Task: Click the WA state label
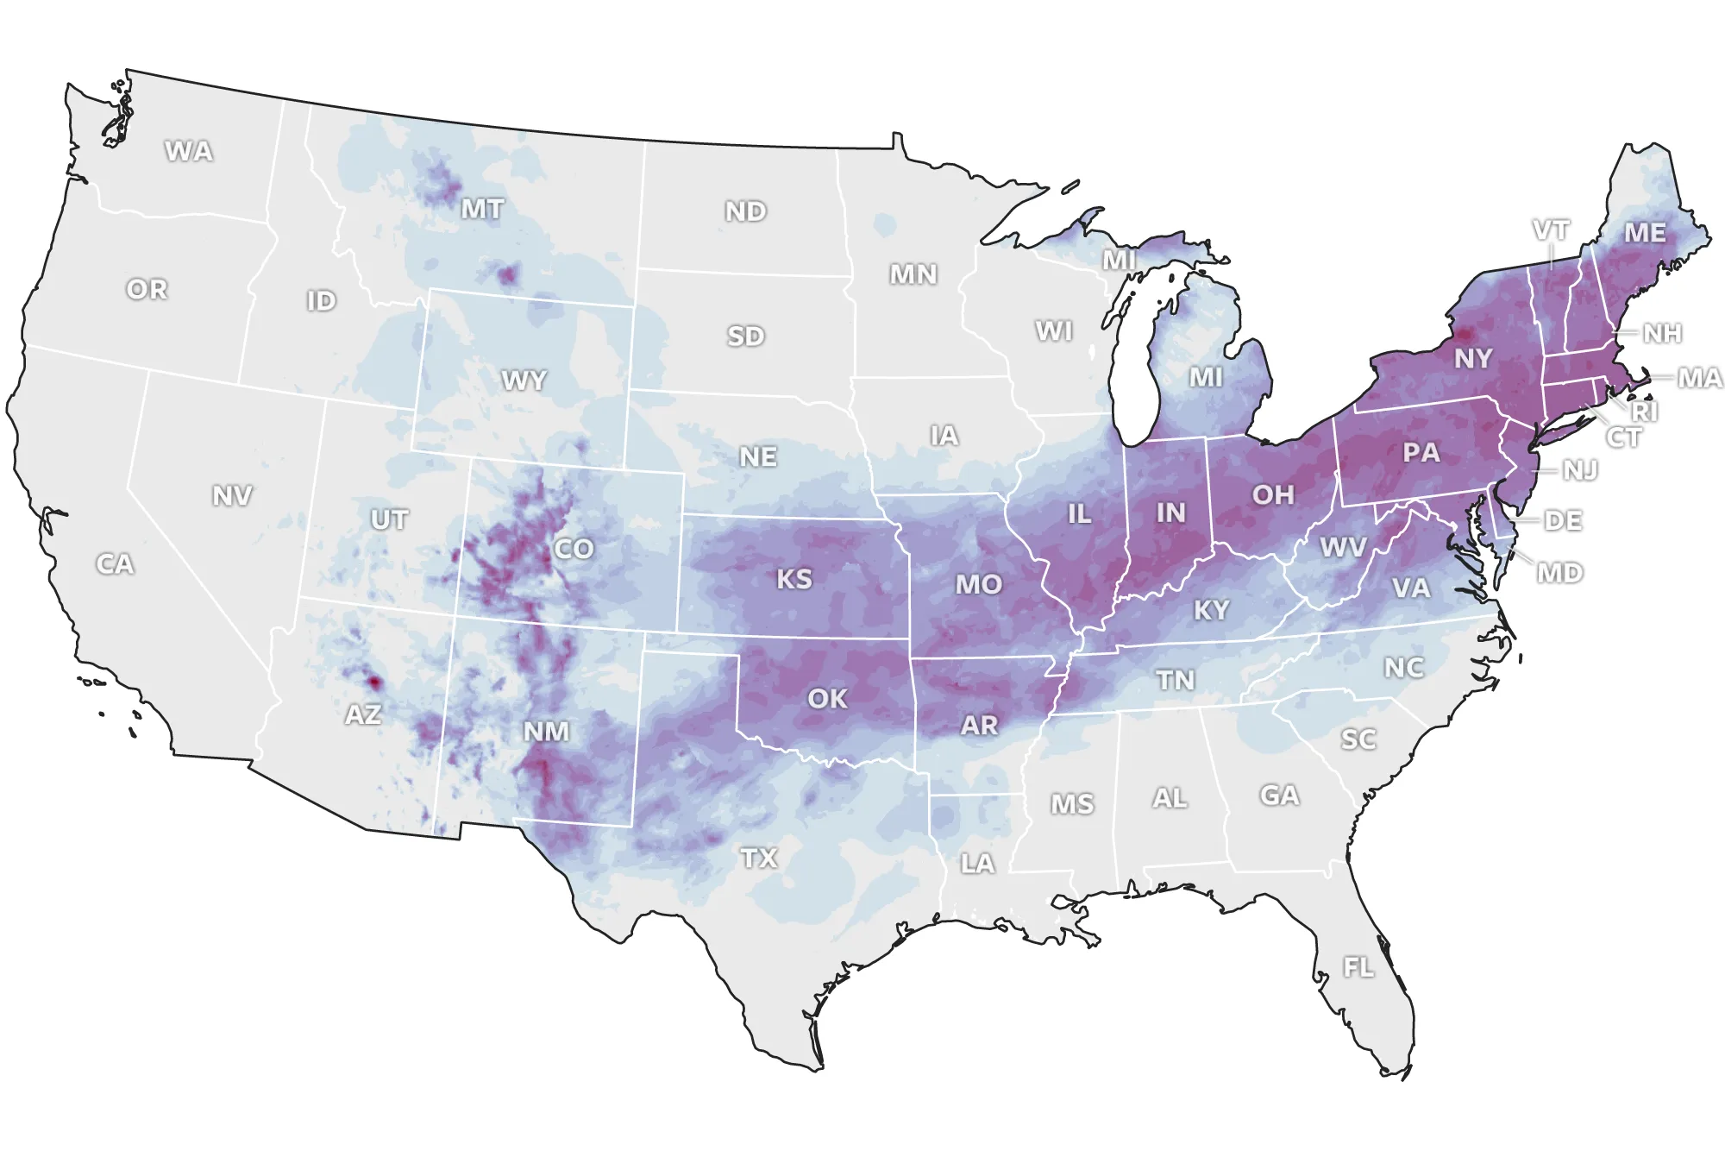(x=189, y=151)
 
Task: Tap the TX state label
(x=759, y=858)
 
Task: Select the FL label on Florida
(x=1358, y=967)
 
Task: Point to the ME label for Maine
(x=1645, y=233)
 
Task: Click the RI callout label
(x=1644, y=412)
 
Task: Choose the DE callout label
(x=1563, y=520)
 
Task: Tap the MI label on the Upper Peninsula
(x=1119, y=259)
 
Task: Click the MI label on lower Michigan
(x=1206, y=377)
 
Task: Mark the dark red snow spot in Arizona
(x=374, y=682)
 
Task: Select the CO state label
(x=574, y=549)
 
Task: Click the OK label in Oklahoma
(x=827, y=698)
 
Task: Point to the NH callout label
(x=1662, y=333)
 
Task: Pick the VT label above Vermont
(x=1551, y=230)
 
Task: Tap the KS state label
(x=793, y=579)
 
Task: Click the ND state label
(x=745, y=211)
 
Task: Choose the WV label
(x=1343, y=547)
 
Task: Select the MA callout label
(x=1699, y=378)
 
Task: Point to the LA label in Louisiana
(x=977, y=863)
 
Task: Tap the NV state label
(x=232, y=495)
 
